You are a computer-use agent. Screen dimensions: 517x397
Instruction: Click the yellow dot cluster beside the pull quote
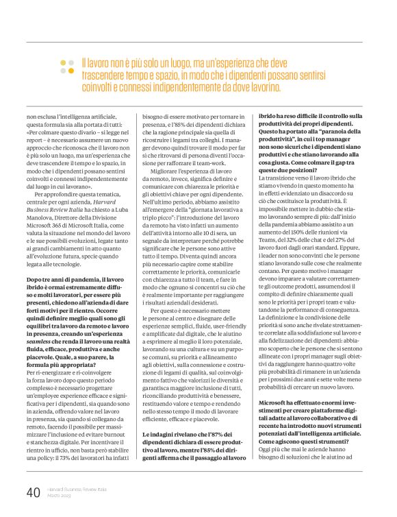[66, 66]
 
